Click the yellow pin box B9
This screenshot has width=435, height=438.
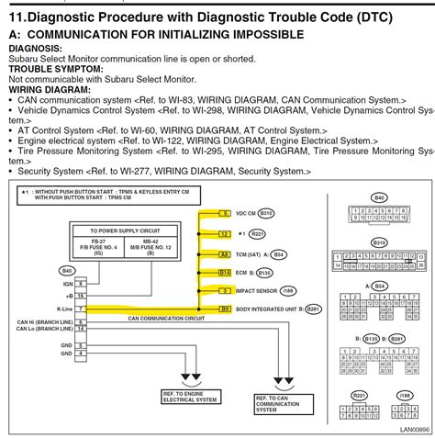pos(224,310)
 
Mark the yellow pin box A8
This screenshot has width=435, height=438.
pos(224,271)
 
